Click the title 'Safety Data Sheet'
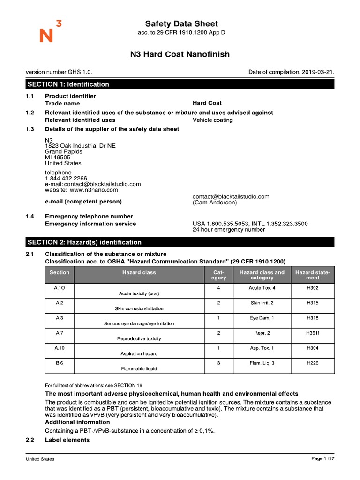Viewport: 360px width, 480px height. click(181, 23)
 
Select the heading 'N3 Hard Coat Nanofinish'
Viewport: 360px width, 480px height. click(180, 54)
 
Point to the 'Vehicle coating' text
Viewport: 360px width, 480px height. click(212, 120)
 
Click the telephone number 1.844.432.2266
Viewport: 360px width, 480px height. click(66, 179)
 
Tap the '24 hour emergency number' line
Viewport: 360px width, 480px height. click(228, 230)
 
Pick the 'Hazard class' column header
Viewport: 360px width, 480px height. click(139, 272)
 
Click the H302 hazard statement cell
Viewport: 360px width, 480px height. click(313, 288)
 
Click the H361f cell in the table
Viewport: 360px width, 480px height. click(313, 333)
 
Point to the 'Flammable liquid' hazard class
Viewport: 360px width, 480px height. click(139, 368)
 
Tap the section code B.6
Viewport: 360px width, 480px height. click(59, 363)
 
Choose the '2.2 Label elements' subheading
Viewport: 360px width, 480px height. click(67, 440)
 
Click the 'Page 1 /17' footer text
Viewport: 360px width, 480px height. click(322, 458)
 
